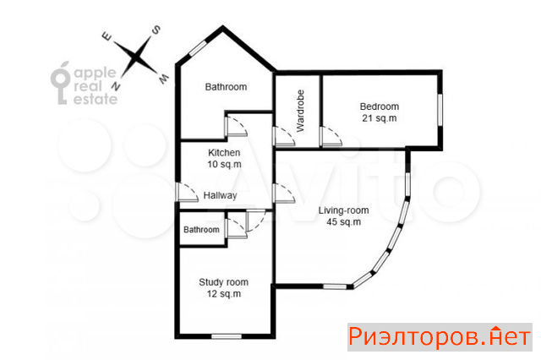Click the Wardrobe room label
pyautogui.click(x=301, y=111)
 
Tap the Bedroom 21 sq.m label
pyautogui.click(x=380, y=112)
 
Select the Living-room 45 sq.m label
pyautogui.click(x=343, y=215)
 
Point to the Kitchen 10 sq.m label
pyautogui.click(x=224, y=158)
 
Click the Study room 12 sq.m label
pyautogui.click(x=223, y=288)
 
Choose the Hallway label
pyautogui.click(x=220, y=195)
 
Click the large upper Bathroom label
pyautogui.click(x=226, y=86)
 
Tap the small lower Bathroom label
pyautogui.click(x=201, y=230)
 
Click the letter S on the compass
pyautogui.click(x=156, y=30)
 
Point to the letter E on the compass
pyautogui.click(x=107, y=36)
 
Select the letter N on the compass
pyautogui.click(x=116, y=86)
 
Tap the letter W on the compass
pyautogui.click(x=163, y=79)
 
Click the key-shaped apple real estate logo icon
pyautogui.click(x=60, y=83)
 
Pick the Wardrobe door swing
pyautogui.click(x=284, y=137)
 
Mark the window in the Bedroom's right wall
pyautogui.click(x=440, y=110)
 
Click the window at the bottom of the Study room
pyautogui.click(x=227, y=336)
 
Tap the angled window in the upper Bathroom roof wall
pyautogui.click(x=198, y=48)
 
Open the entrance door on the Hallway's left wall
pyautogui.click(x=187, y=192)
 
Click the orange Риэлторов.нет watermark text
pyautogui.click(x=440, y=337)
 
